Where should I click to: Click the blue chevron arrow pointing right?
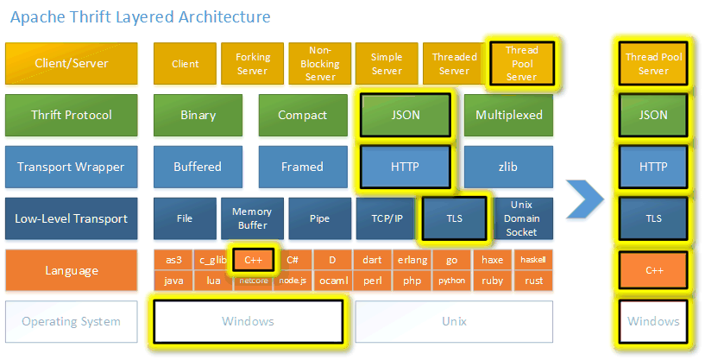click(x=584, y=200)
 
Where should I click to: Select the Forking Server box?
click(x=252, y=64)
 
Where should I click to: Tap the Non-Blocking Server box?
click(x=319, y=64)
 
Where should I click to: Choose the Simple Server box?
click(x=387, y=64)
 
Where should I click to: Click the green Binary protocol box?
click(x=198, y=116)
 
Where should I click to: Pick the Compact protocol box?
click(x=302, y=116)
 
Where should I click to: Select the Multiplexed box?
click(x=508, y=116)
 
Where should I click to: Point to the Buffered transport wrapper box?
click(x=198, y=167)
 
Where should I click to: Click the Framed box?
click(x=302, y=167)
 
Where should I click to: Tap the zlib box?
click(x=508, y=167)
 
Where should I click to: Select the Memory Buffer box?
click(x=252, y=218)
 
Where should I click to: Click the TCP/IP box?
click(x=386, y=218)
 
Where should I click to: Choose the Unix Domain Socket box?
click(x=520, y=218)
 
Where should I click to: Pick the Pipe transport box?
click(x=319, y=218)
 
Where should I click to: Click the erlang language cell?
click(x=412, y=260)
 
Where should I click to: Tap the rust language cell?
click(x=533, y=281)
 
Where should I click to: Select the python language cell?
click(x=451, y=281)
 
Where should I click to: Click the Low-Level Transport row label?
click(x=71, y=218)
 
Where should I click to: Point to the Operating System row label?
click(x=71, y=322)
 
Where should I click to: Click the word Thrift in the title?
click(x=93, y=17)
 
